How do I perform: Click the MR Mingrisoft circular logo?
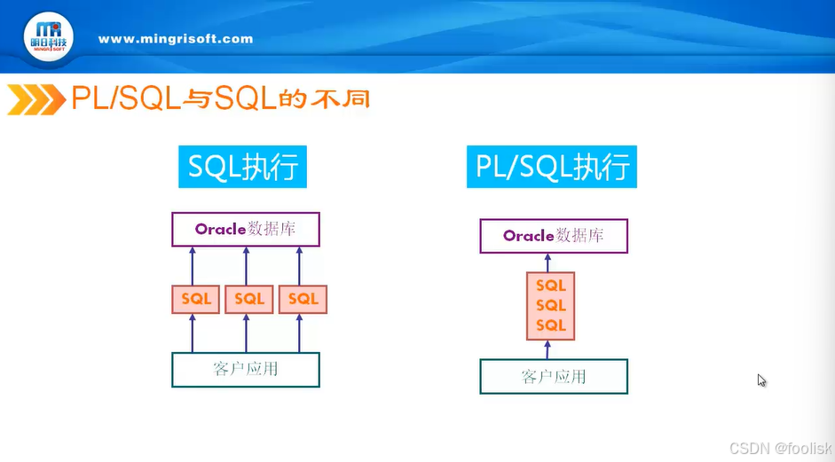coord(49,36)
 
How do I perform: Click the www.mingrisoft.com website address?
coord(176,39)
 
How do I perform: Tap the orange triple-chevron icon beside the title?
coord(36,99)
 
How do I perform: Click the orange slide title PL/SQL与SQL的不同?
coord(220,98)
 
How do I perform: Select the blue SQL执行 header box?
coord(242,167)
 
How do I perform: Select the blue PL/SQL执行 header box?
coord(552,167)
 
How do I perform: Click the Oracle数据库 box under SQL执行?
coord(246,230)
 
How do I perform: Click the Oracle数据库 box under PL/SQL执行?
coord(554,236)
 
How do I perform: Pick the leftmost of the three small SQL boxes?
coord(195,299)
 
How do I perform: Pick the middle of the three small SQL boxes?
coord(249,299)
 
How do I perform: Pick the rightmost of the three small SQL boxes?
coord(303,299)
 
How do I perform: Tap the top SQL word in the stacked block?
coord(551,286)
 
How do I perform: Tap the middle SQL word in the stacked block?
coord(551,306)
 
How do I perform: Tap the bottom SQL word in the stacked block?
coord(551,325)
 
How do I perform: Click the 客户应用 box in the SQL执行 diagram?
coord(246,370)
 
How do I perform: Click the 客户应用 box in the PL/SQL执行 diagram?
coord(554,376)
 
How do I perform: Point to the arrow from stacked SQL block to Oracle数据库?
coord(548,263)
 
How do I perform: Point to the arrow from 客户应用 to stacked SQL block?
coord(548,349)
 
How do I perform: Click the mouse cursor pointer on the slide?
coord(761,380)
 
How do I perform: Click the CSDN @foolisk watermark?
coord(781,448)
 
